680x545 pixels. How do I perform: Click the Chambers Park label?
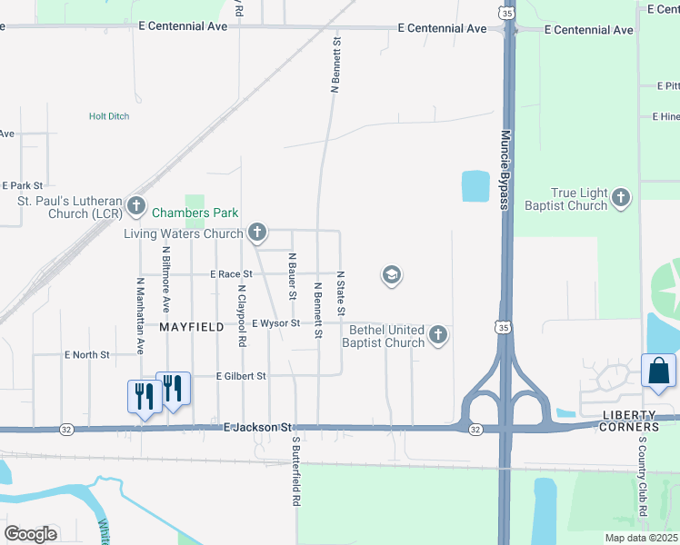click(x=195, y=213)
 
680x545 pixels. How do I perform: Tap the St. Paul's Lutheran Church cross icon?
click(x=136, y=206)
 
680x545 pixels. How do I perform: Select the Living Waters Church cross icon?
click(x=257, y=233)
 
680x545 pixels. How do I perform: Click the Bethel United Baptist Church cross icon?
click(x=438, y=335)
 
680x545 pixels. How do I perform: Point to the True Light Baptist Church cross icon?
click(x=621, y=198)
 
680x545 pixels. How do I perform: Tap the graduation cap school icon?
click(x=392, y=275)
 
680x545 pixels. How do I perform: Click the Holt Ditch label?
click(x=109, y=116)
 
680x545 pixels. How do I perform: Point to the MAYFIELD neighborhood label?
click(x=192, y=326)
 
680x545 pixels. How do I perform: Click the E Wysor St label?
click(x=275, y=323)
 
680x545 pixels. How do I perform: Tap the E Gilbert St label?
click(x=241, y=376)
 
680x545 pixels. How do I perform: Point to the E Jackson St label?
click(x=258, y=426)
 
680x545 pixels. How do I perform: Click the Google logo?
click(x=31, y=533)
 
